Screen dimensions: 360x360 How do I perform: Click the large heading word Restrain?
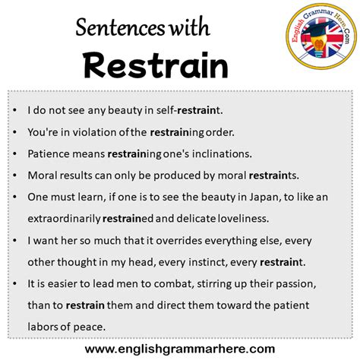tap(155, 65)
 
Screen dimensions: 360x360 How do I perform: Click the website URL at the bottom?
tap(180, 349)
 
